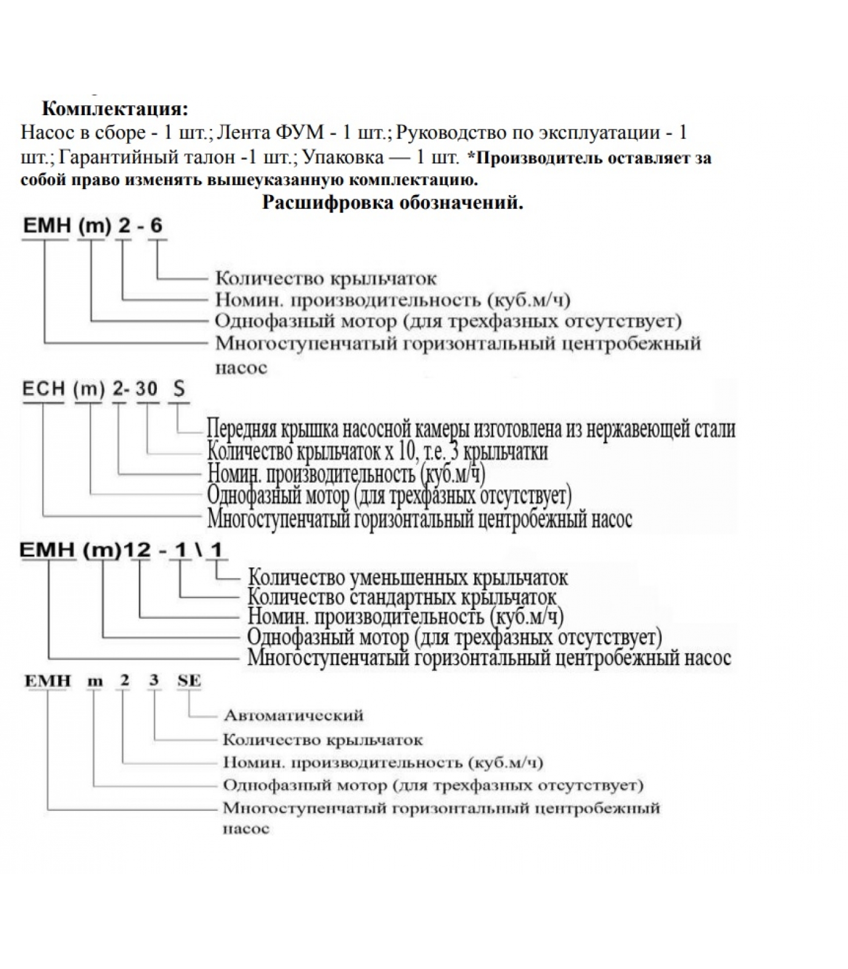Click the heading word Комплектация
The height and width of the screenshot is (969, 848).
tap(114, 109)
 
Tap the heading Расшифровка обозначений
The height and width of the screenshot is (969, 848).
tap(393, 202)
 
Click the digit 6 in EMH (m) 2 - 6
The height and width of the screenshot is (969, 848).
tap(156, 226)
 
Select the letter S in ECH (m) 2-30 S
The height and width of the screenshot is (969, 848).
tap(179, 389)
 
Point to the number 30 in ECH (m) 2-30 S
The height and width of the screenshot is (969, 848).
tap(147, 389)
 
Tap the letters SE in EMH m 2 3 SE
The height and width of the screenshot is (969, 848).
tap(189, 681)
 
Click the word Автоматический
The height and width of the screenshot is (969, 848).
tap(294, 715)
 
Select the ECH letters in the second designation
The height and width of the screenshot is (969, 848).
tap(44, 389)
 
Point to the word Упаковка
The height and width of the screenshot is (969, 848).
tap(343, 157)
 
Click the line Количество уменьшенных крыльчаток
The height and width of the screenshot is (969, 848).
tap(408, 578)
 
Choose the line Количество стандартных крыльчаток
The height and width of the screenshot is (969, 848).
tap(402, 597)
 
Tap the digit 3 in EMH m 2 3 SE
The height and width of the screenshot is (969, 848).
tap(154, 681)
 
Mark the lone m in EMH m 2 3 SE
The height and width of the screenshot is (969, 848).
tap(95, 681)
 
